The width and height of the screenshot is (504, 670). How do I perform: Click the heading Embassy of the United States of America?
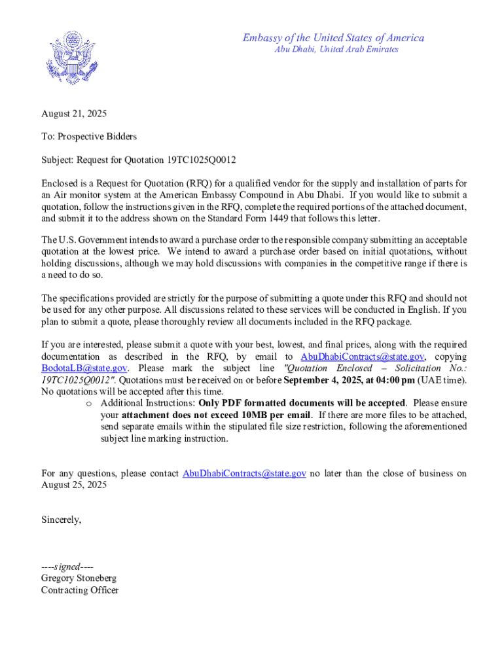coord(333,38)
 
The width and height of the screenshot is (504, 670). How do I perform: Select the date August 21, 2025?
coord(74,114)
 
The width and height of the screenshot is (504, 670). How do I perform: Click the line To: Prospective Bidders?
coord(88,136)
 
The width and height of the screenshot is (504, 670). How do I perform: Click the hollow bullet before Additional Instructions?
coord(88,403)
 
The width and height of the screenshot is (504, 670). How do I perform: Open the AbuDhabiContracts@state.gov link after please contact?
coord(244,473)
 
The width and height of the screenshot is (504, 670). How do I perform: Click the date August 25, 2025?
coord(74,485)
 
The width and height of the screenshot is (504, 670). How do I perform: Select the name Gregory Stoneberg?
coord(79,578)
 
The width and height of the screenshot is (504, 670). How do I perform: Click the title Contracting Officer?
coord(80,590)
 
